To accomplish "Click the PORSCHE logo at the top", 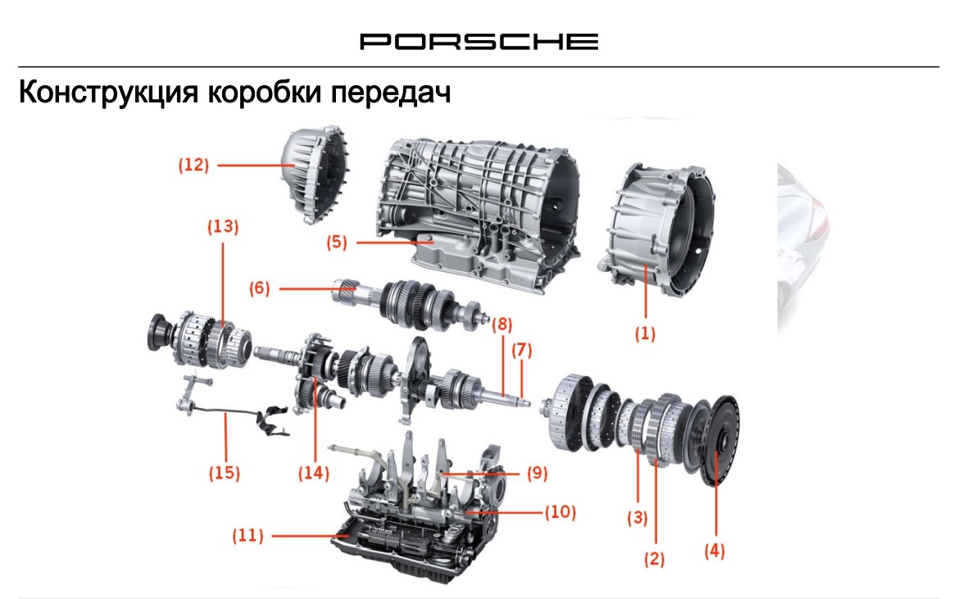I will [x=478, y=41].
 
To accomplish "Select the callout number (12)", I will [x=194, y=165].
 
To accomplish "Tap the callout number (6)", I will [x=259, y=288].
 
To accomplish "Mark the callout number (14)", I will [x=313, y=473].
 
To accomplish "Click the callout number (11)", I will [x=247, y=536].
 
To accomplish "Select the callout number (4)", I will [x=714, y=551].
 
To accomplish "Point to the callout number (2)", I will [x=654, y=559].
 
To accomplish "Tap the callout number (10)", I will [x=560, y=512].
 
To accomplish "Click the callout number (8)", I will [x=501, y=324].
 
